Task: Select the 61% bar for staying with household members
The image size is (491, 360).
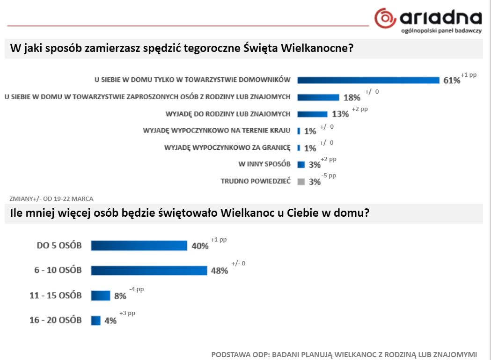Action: [x=368, y=80]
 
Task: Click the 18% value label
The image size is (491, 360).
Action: [x=352, y=97]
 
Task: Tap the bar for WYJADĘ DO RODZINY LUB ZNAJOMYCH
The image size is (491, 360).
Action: [x=312, y=114]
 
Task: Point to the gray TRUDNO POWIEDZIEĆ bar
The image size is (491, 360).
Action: [x=301, y=181]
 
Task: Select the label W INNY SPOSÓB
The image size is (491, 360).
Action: [x=264, y=164]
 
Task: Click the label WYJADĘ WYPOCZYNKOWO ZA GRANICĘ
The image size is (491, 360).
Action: [x=227, y=147]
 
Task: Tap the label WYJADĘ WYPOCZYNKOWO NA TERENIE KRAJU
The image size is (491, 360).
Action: [x=216, y=131]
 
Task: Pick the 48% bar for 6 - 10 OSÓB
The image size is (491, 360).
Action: [x=149, y=270]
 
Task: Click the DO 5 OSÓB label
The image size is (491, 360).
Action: [x=59, y=245]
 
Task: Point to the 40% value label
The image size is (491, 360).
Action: [x=200, y=246]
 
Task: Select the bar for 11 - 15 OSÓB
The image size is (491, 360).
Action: [x=100, y=295]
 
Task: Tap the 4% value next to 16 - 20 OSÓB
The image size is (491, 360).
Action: [x=110, y=321]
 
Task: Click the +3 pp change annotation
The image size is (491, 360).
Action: [x=127, y=314]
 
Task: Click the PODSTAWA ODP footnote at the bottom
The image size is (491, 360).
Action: [x=344, y=354]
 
